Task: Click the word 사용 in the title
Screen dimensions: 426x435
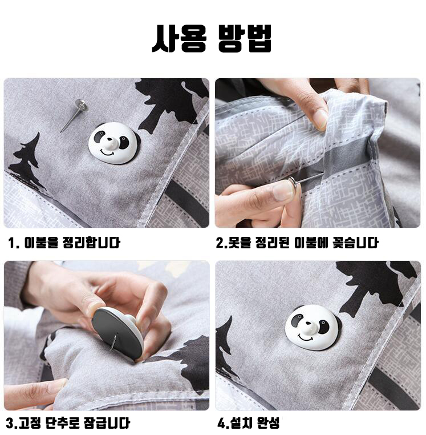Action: [x=178, y=38]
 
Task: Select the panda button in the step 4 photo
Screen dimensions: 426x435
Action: [x=313, y=327]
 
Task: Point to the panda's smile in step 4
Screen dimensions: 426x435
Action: [x=307, y=338]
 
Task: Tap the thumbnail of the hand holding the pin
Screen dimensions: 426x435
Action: [x=282, y=191]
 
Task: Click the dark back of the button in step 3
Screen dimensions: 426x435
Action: [x=116, y=332]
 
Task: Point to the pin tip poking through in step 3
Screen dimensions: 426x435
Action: [x=113, y=342]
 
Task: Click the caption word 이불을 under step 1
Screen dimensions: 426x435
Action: [x=42, y=243]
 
